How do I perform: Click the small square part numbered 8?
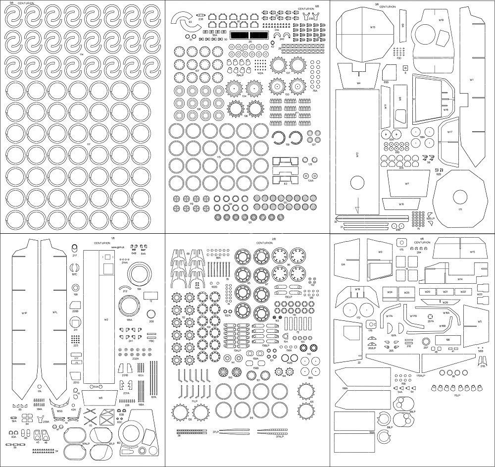coord(404,68)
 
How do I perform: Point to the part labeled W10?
coord(401,204)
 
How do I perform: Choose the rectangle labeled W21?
coord(445,292)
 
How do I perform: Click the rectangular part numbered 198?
coord(447,340)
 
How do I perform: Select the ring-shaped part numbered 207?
coord(425,342)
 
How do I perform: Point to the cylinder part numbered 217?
coord(75,247)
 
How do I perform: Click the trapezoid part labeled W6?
coord(100,397)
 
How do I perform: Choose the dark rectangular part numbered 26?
coord(249,36)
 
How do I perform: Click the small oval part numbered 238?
coord(201,15)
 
